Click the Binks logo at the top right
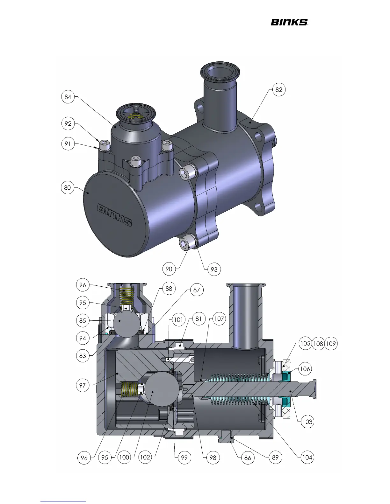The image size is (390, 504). (x=289, y=22)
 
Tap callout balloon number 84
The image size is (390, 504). (x=68, y=97)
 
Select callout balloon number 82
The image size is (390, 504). (x=279, y=89)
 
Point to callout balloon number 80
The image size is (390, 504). (x=67, y=187)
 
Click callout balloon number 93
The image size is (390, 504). (x=214, y=269)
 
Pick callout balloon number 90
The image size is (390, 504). (x=169, y=269)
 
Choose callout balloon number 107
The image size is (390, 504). (x=219, y=319)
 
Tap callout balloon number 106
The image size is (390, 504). (x=305, y=368)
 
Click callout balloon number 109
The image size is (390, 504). (x=331, y=344)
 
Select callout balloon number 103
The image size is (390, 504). (x=307, y=421)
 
